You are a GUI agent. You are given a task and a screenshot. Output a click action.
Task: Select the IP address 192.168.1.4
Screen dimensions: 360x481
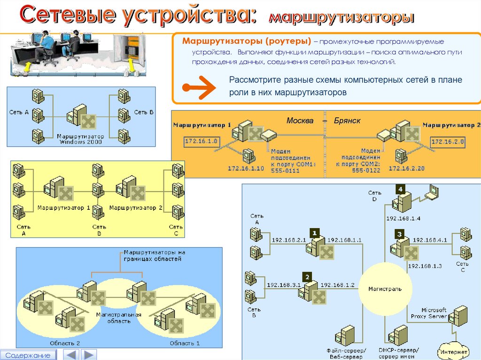coord(403,218)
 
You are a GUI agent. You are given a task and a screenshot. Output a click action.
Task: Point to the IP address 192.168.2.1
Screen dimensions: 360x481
coord(288,240)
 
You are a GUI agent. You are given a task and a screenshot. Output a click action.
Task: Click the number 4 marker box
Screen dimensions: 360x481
coord(400,190)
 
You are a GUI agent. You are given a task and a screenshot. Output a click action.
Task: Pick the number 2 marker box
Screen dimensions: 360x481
coord(307,276)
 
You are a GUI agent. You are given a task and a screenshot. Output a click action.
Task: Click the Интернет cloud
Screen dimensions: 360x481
coord(453,351)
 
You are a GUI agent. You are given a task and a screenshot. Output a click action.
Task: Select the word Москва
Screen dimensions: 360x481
coord(300,121)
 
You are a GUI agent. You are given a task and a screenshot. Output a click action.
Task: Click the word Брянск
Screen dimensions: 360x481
coord(347,121)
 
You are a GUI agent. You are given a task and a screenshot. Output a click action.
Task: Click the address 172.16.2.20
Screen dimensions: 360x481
coord(406,168)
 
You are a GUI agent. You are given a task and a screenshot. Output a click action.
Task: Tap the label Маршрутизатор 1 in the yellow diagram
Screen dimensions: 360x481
coord(63,207)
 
